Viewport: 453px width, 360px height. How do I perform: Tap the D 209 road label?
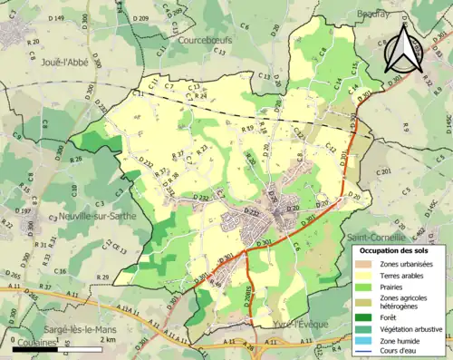coord(140,19)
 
